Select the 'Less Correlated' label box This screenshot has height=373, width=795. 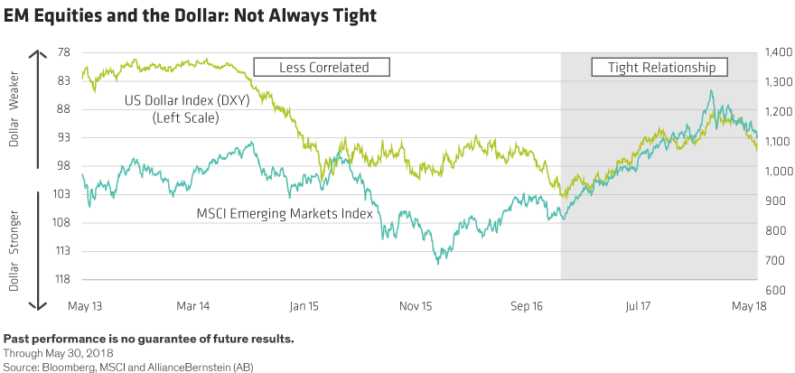pyautogui.click(x=323, y=67)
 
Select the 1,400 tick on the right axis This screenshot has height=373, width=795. pyautogui.click(x=779, y=52)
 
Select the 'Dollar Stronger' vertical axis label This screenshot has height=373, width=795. pyautogui.click(x=13, y=244)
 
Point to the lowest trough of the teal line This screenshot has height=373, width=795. pyautogui.click(x=439, y=263)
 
